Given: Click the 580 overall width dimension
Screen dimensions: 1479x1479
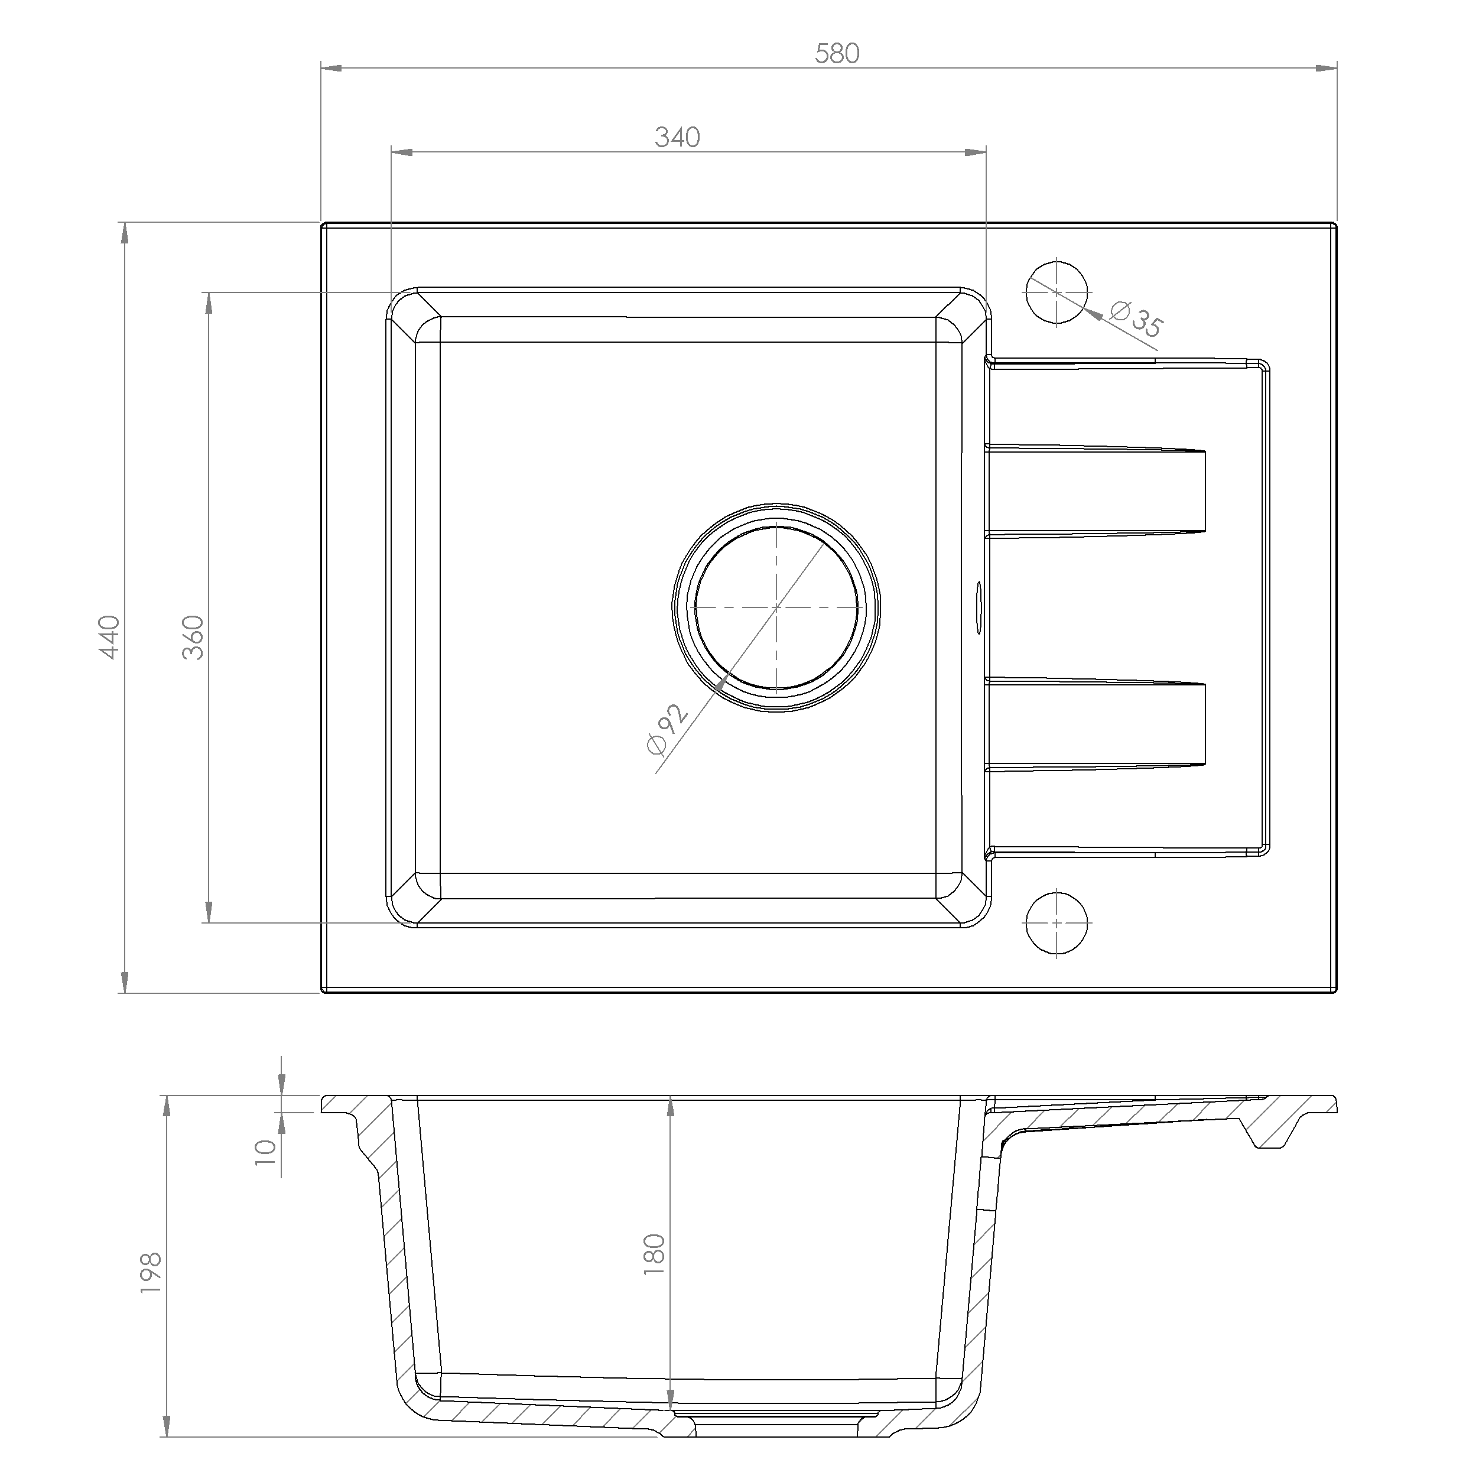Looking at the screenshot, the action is click(837, 54).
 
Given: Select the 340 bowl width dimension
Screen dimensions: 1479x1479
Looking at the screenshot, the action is click(678, 137).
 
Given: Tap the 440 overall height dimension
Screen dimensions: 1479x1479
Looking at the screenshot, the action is click(109, 637).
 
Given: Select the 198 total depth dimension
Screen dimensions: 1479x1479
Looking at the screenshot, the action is click(151, 1273).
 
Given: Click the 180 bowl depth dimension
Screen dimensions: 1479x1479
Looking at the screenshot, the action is click(655, 1254).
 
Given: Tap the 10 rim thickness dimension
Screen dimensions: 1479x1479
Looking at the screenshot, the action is click(265, 1152).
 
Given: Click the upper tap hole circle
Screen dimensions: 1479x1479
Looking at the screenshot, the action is click(1057, 292).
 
